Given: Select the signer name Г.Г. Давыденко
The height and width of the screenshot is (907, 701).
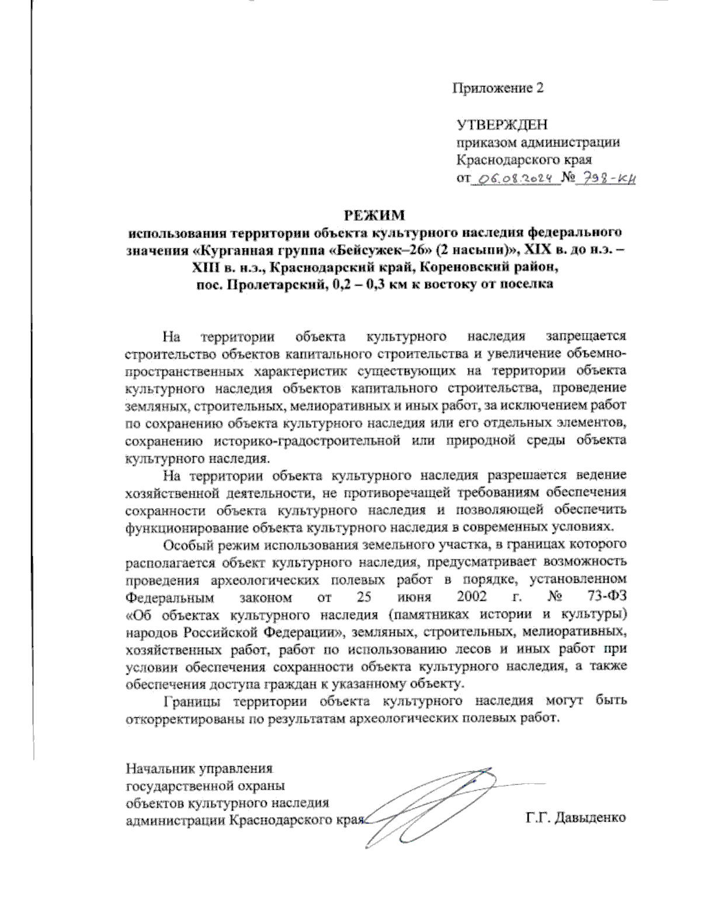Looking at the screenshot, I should (575, 816).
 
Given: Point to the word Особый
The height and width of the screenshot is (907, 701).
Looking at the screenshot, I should (188, 546).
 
